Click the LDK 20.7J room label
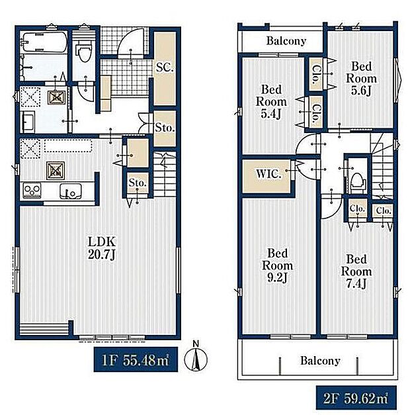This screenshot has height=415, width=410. tap(102, 248)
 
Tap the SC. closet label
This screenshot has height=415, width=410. tap(164, 68)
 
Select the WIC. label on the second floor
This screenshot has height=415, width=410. tap(268, 174)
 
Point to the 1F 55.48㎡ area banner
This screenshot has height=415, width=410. tap(136, 359)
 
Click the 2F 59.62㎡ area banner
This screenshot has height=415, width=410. tap(356, 398)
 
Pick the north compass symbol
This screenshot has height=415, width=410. tap(196, 357)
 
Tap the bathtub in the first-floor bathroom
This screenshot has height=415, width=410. tap(44, 42)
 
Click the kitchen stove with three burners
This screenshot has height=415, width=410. tap(32, 191)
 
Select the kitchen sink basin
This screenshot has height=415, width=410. tap(70, 191)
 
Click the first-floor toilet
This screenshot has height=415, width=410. tap(85, 52)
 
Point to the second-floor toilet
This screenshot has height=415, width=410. tap(358, 181)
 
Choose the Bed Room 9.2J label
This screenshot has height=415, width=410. tap(277, 265)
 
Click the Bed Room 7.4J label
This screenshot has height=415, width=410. tap(356, 271)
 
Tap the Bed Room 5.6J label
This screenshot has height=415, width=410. tap(361, 78)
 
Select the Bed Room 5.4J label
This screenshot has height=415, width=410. tap(271, 102)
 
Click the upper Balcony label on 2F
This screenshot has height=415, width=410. tap(286, 41)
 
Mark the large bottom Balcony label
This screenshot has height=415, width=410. tap(320, 361)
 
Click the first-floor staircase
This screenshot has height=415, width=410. tap(165, 174)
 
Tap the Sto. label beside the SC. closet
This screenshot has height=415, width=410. tap(165, 128)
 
